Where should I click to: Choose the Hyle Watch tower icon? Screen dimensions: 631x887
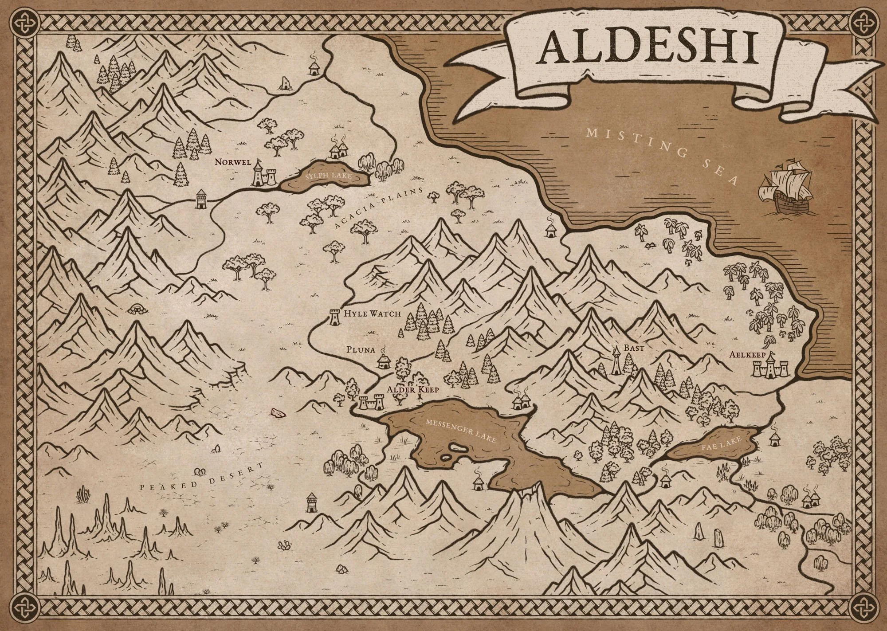(x=334, y=317)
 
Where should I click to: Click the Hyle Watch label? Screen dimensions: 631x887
(x=372, y=314)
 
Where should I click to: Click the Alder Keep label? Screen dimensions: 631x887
(x=412, y=390)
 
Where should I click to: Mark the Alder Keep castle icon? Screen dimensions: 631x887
(x=372, y=404)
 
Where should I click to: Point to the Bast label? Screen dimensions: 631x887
(x=634, y=349)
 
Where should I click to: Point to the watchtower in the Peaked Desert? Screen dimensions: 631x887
(x=312, y=504)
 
